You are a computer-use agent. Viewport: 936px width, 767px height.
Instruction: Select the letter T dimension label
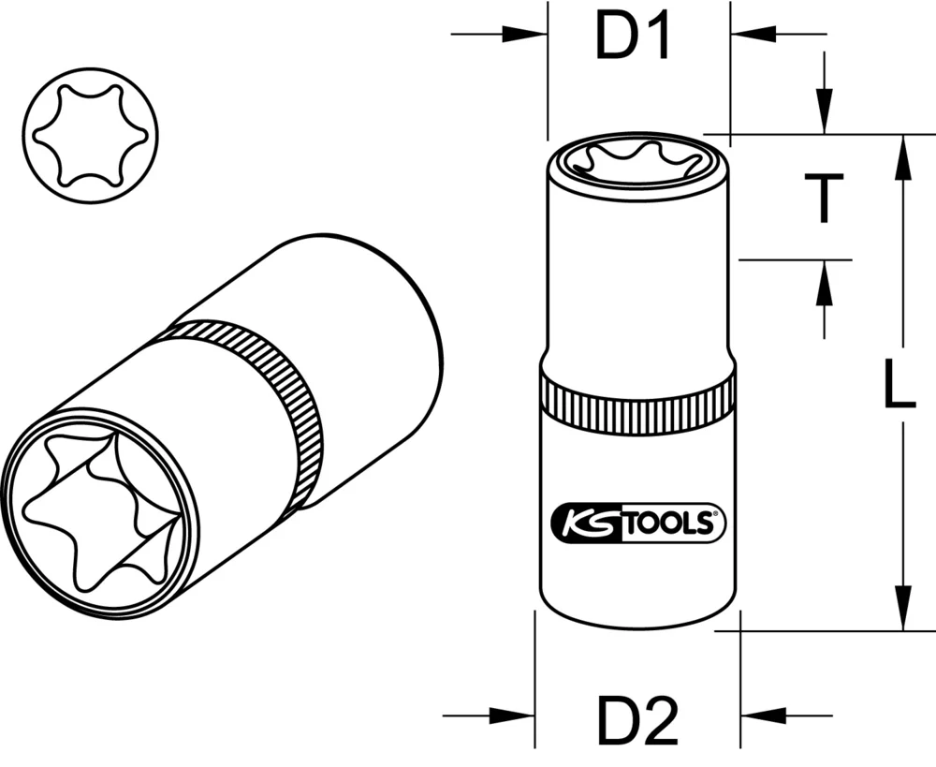coord(823,198)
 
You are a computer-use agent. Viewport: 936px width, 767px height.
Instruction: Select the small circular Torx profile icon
coord(89,135)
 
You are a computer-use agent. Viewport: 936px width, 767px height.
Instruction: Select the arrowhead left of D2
coord(514,715)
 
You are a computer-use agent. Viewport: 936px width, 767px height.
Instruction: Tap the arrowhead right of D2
coord(761,715)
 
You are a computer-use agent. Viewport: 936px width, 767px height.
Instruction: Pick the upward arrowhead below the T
coord(824,280)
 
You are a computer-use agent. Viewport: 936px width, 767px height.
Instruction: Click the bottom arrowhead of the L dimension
coord(902,609)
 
